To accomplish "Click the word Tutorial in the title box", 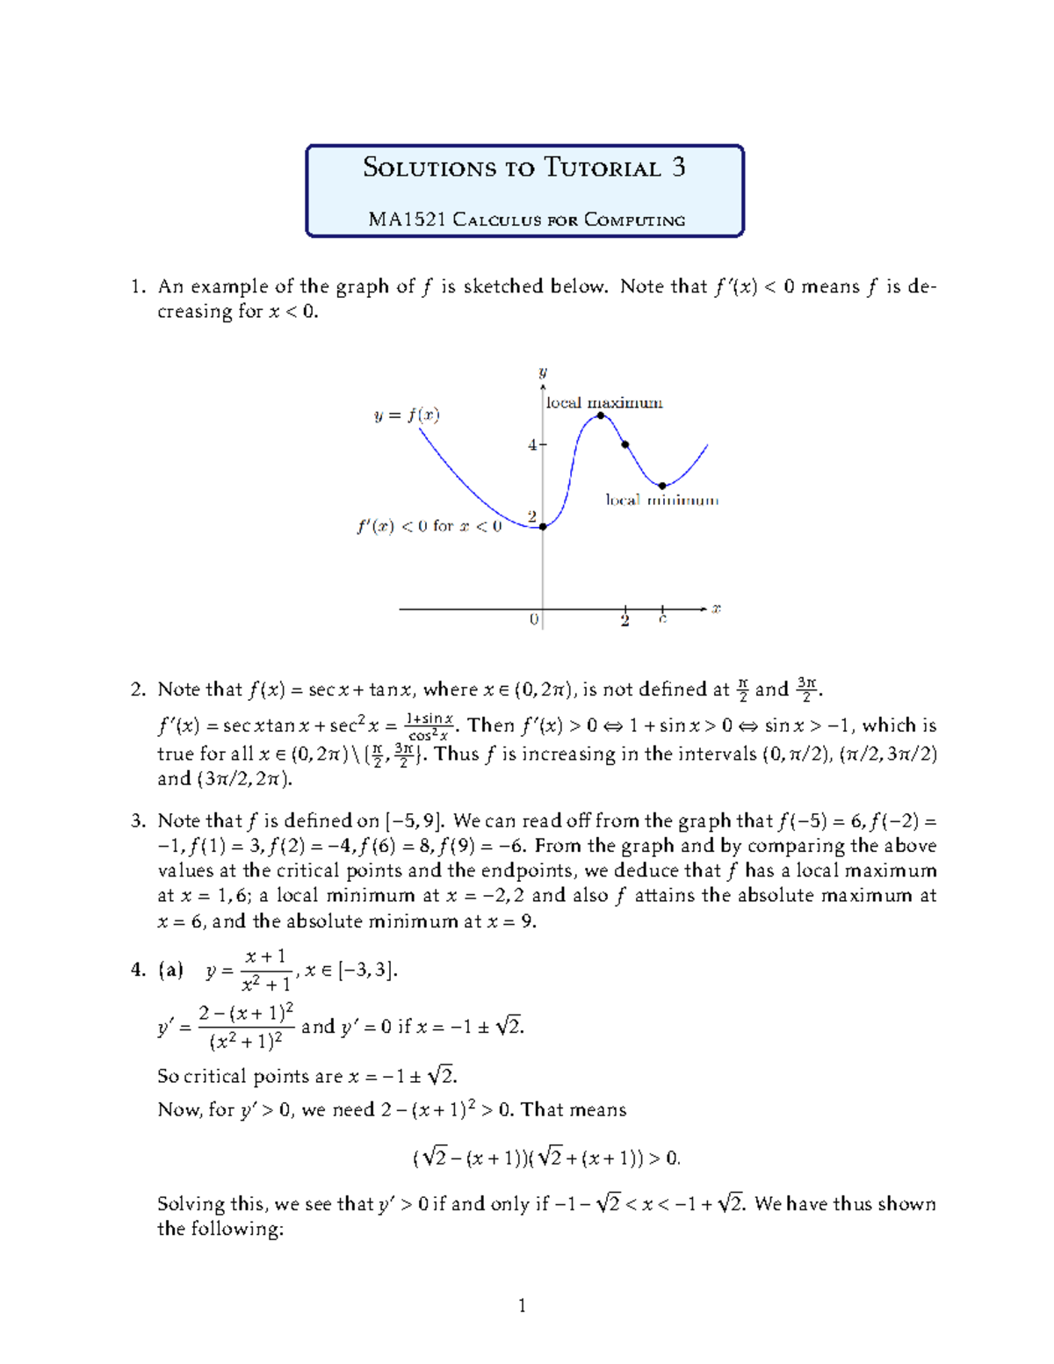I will coord(602,168).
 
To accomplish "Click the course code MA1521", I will coord(407,220).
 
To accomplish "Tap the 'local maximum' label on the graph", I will coord(604,403).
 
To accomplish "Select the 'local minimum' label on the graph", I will coord(661,500).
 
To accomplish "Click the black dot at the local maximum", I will coord(601,415).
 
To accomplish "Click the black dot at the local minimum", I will coord(662,486).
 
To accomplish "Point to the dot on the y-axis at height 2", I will coord(543,527).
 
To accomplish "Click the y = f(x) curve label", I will coord(407,415).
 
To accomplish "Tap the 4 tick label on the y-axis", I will coord(531,445).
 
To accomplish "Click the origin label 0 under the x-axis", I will coord(533,619).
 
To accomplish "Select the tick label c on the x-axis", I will coord(662,619).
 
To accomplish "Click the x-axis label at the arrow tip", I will coord(716,608).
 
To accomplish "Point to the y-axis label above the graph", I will coord(543,372).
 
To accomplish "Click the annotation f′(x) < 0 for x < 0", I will coord(429,526).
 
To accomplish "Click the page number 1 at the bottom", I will coord(523,1305).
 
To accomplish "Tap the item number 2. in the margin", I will coord(138,689).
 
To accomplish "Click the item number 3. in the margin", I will coord(138,821).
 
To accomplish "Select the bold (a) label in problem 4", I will coord(170,970).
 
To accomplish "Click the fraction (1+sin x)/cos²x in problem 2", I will coord(430,727).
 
